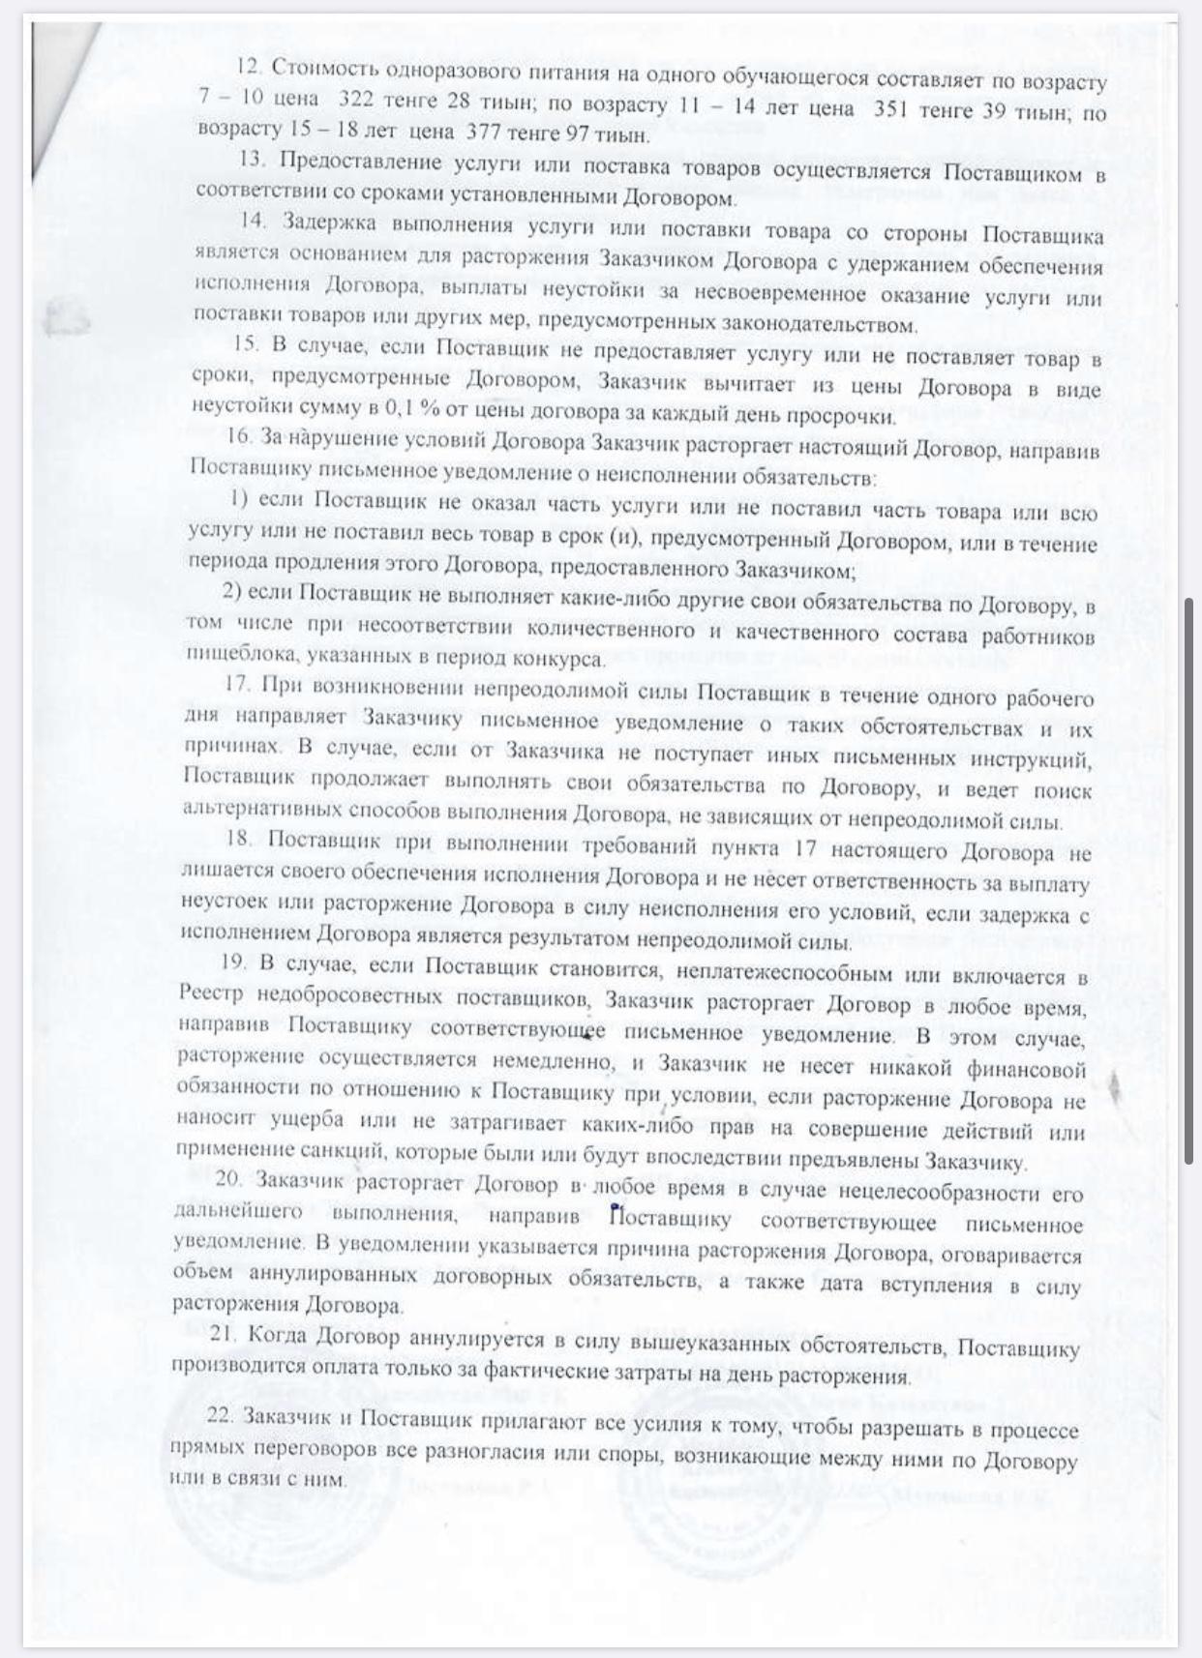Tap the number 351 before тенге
coord(890,109)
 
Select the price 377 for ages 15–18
coord(485,133)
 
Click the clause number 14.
coord(254,220)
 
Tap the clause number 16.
coord(238,436)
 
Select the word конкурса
coord(559,660)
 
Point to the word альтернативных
coord(253,811)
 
